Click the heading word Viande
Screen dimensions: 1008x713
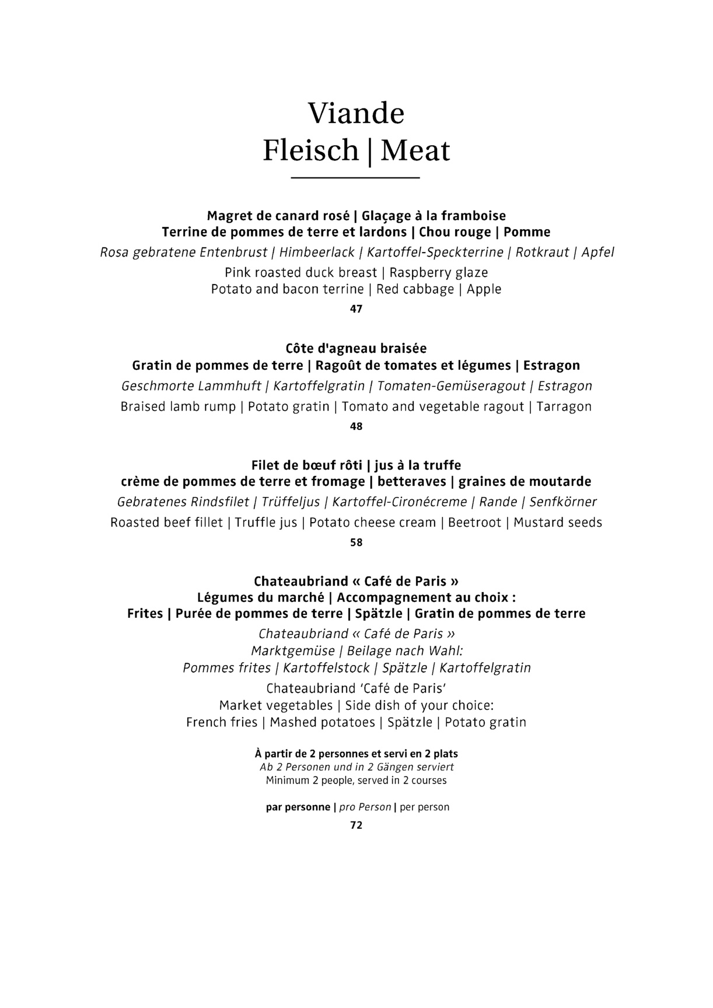click(x=356, y=113)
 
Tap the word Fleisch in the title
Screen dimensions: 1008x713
click(x=310, y=150)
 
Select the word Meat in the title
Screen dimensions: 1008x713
click(x=415, y=150)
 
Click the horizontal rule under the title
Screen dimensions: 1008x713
click(x=355, y=177)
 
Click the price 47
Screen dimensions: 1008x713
click(x=356, y=309)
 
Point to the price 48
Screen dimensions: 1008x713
click(x=356, y=426)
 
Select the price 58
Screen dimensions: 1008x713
click(x=356, y=542)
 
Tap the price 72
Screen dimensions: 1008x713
click(x=356, y=825)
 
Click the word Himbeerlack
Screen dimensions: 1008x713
click(x=317, y=253)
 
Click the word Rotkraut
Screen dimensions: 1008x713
click(x=542, y=253)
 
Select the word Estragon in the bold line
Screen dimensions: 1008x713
click(x=551, y=366)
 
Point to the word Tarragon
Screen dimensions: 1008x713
click(x=564, y=407)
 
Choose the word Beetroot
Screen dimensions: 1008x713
click(x=474, y=523)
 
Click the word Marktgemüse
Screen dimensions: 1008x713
click(x=293, y=651)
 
